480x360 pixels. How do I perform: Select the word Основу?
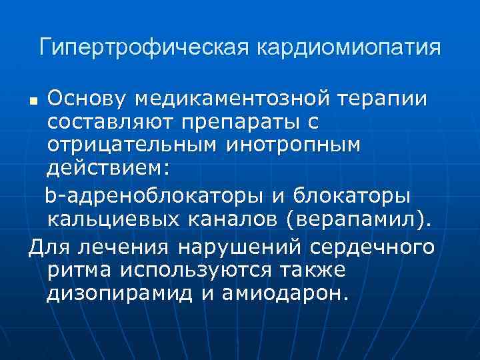[x=86, y=99]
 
